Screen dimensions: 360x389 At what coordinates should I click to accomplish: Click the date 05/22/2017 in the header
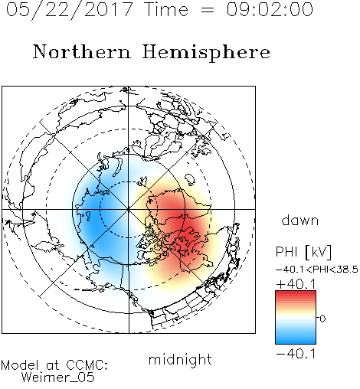[x=69, y=10]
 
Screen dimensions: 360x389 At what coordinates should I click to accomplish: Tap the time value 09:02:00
[x=270, y=9]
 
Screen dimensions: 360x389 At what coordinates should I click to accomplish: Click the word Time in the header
[x=166, y=9]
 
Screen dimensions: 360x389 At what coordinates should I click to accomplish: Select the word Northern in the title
[x=82, y=52]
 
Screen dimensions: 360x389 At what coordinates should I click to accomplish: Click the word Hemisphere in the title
[x=206, y=53]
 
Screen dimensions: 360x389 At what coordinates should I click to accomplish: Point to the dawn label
[x=300, y=220]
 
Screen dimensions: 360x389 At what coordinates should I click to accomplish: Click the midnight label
[x=180, y=360]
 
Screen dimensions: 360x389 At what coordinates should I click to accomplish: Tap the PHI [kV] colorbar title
[x=303, y=252]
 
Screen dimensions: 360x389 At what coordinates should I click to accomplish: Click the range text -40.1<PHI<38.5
[x=317, y=270]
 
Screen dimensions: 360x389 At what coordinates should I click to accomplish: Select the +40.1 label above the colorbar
[x=296, y=284]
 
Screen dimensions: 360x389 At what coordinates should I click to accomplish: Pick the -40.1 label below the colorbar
[x=296, y=354]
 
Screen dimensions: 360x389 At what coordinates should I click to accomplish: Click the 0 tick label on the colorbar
[x=322, y=319]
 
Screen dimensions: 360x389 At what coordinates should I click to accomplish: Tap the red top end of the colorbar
[x=296, y=293]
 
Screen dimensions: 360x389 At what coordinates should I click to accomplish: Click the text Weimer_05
[x=58, y=378]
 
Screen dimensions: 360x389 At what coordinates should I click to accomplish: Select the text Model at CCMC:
[x=54, y=365]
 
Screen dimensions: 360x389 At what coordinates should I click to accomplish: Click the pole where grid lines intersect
[x=129, y=209]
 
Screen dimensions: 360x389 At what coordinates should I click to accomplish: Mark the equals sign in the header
[x=208, y=10]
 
